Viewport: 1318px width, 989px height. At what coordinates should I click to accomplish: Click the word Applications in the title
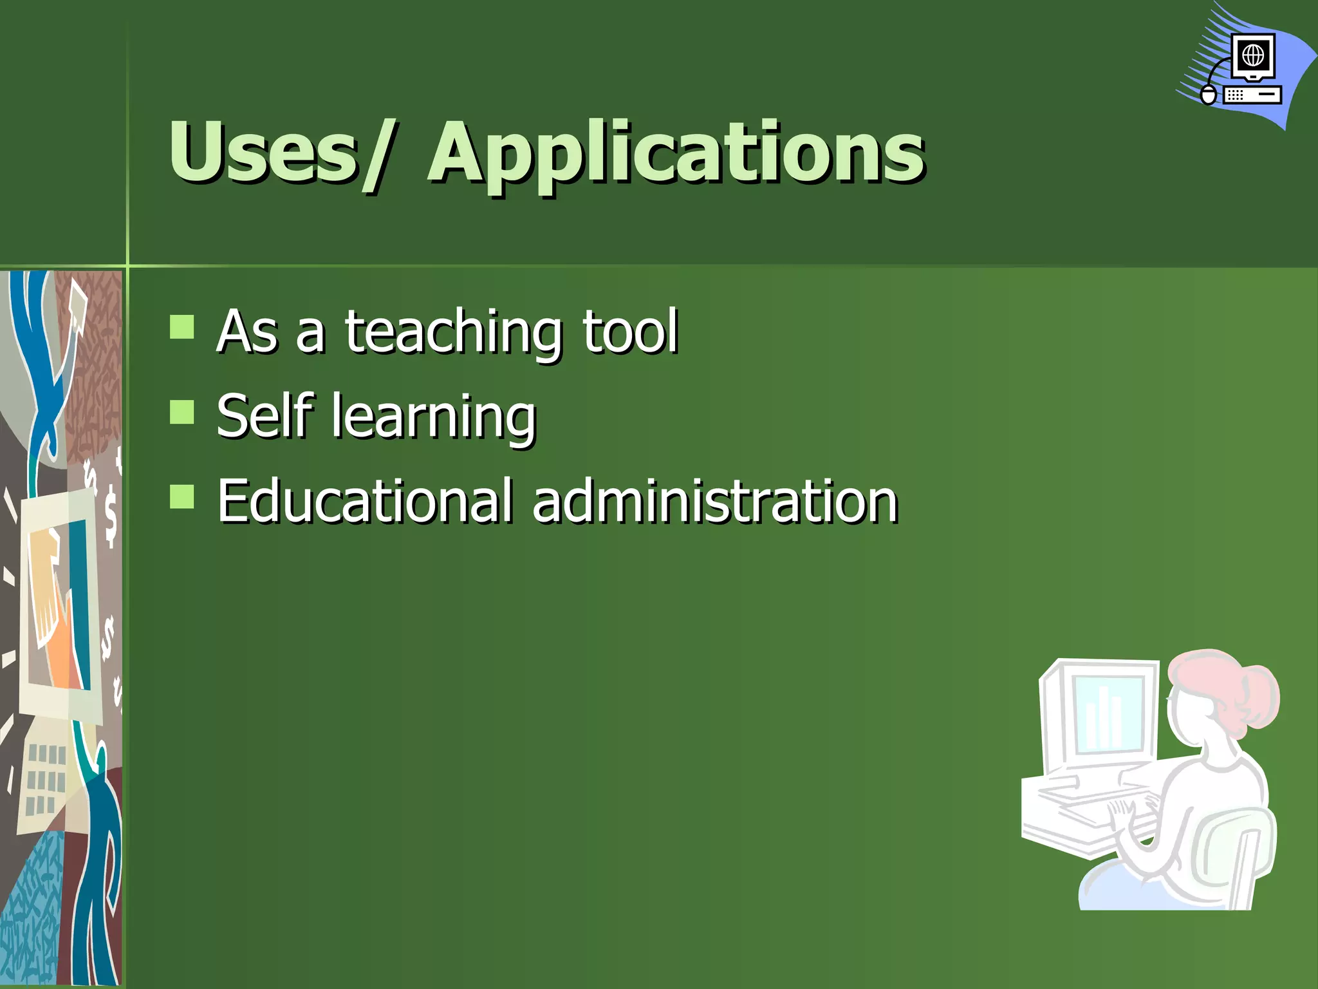676,155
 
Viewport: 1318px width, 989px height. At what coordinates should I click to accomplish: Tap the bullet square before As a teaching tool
182,326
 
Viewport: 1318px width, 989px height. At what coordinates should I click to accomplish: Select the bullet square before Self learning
182,412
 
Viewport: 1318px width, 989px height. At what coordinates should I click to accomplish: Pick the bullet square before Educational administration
182,496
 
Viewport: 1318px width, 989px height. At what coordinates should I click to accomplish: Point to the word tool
630,331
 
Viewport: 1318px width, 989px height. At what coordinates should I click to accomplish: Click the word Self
265,416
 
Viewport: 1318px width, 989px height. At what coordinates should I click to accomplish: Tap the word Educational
364,501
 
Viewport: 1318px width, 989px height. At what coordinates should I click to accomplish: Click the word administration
714,501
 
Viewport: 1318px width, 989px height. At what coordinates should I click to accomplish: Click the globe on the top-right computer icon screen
1253,56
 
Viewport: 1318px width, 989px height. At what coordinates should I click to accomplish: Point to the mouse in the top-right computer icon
1209,95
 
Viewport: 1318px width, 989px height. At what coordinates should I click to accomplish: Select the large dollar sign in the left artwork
111,516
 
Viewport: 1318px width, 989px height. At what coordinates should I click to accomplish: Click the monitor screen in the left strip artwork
58,605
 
